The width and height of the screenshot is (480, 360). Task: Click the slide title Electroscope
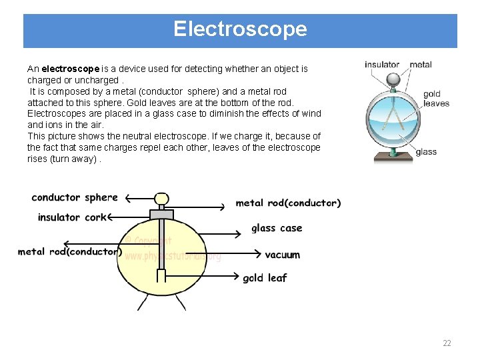click(x=240, y=29)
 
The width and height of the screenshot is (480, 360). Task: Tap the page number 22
click(x=447, y=343)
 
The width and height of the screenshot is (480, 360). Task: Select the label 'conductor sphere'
click(x=74, y=197)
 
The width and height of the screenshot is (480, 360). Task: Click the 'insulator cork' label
click(x=71, y=217)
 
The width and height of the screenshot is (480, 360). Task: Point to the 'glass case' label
click(x=277, y=229)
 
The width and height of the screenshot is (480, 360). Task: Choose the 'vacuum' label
click(x=283, y=255)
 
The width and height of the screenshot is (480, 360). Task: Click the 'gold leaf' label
click(x=265, y=278)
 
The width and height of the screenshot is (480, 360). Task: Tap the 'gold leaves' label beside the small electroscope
click(x=436, y=99)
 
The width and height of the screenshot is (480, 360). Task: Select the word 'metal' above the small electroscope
click(x=421, y=65)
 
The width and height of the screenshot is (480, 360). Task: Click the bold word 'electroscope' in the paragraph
click(x=70, y=69)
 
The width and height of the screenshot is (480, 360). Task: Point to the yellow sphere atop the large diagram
click(x=161, y=199)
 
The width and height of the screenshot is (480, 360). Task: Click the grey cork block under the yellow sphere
click(x=161, y=214)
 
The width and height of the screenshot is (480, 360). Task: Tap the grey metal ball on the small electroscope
click(x=395, y=78)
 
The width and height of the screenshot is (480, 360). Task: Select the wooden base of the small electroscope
click(x=394, y=157)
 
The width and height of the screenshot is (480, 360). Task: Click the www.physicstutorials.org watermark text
click(x=173, y=256)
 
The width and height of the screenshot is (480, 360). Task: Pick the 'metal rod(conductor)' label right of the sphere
click(x=288, y=203)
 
